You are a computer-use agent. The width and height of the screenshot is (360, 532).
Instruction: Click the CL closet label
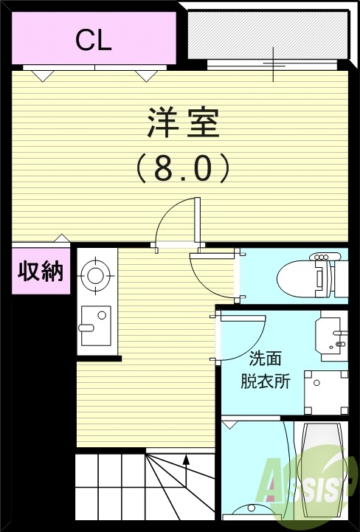[x=93, y=40]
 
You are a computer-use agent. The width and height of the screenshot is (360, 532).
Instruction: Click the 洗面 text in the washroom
[x=266, y=359]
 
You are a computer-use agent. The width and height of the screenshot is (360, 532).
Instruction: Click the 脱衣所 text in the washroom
[x=266, y=381]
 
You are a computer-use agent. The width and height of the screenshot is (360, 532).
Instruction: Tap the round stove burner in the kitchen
[x=95, y=275]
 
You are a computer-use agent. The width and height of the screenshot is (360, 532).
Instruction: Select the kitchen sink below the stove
[x=95, y=325]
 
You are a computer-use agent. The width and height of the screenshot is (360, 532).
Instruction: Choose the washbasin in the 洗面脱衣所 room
[x=332, y=335]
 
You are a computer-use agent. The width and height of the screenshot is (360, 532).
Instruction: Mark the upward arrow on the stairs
[x=186, y=463]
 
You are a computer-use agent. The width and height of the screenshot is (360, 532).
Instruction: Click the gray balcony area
[x=267, y=35]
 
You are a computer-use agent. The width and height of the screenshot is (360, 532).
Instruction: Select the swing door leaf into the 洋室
[x=197, y=221]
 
